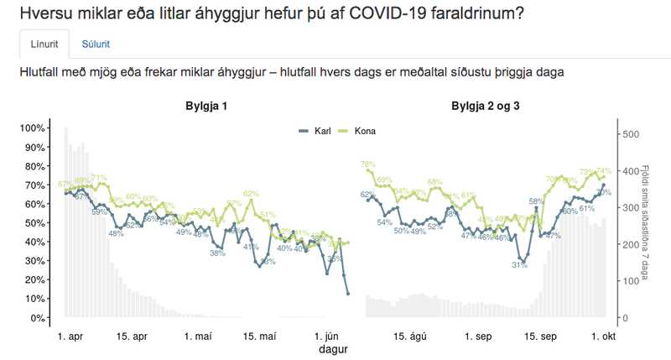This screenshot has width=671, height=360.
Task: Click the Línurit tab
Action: pos(44,44)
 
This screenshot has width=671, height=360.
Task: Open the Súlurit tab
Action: pos(95,44)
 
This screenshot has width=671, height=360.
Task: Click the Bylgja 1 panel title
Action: pos(206,107)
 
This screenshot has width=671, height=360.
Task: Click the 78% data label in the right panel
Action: pos(367,164)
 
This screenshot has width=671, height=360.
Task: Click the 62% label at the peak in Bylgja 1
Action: pos(251,194)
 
